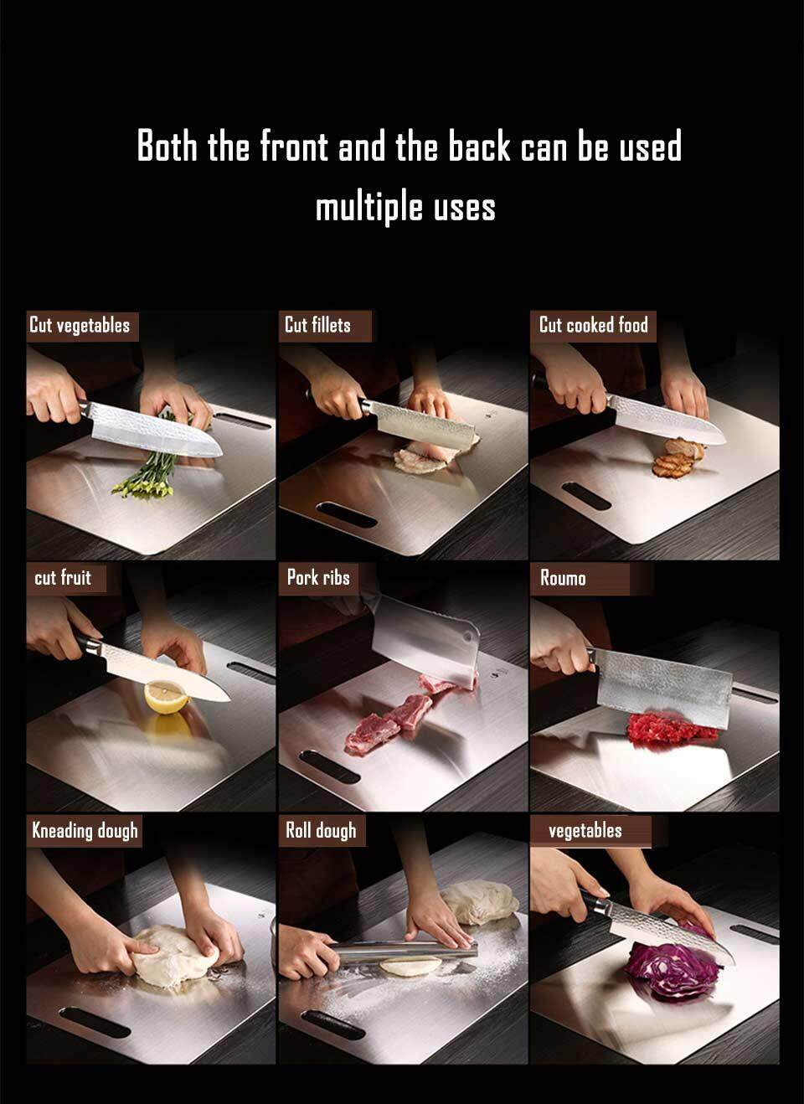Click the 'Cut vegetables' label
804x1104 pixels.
(80, 325)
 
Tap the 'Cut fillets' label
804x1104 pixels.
(317, 325)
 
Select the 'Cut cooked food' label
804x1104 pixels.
(594, 325)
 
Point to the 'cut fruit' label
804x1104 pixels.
(63, 578)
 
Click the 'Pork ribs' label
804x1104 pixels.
(318, 578)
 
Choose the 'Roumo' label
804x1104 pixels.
(563, 578)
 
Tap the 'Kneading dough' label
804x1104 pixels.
(85, 831)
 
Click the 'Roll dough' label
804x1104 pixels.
(321, 831)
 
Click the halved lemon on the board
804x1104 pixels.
(166, 696)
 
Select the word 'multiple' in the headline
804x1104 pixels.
(370, 207)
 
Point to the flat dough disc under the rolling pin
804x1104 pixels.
(410, 966)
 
